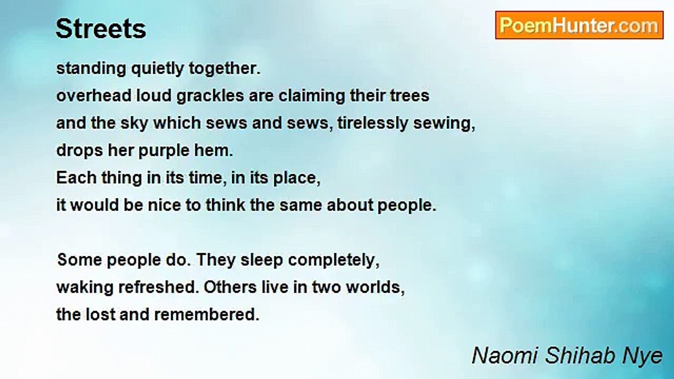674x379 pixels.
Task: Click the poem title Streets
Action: point(101,29)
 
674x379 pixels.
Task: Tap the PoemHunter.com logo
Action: point(579,25)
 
